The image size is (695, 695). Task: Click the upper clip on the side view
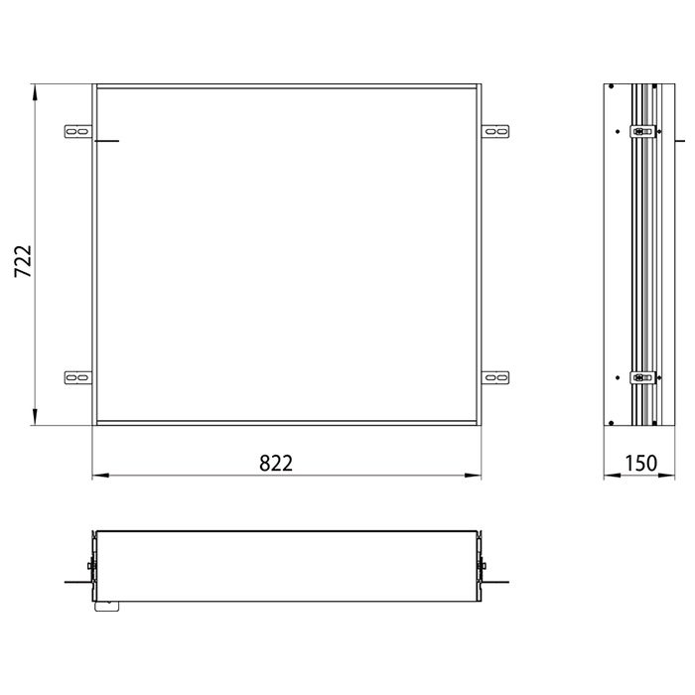pyautogui.click(x=643, y=130)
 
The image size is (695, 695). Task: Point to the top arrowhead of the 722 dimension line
pyautogui.click(x=35, y=91)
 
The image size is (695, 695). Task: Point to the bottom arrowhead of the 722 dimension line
pyautogui.click(x=35, y=421)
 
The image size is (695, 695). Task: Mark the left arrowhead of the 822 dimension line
pyautogui.click(x=97, y=477)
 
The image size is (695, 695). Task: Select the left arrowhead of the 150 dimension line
pyautogui.click(x=611, y=477)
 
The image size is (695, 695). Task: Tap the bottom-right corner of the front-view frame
pyautogui.click(x=481, y=425)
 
